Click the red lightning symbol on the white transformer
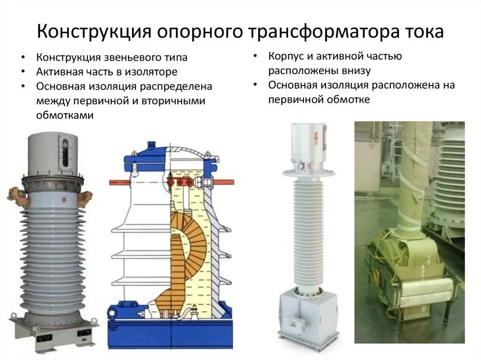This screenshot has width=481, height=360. (x=316, y=139)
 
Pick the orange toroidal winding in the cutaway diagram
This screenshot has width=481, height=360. (x=184, y=249)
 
